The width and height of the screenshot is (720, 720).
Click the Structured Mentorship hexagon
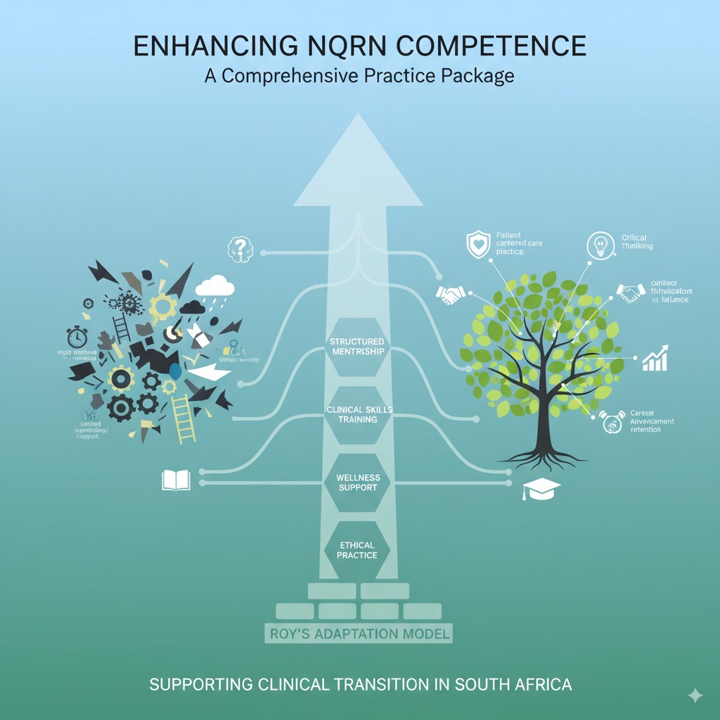pos(358,346)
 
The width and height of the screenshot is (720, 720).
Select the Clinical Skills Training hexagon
pos(358,414)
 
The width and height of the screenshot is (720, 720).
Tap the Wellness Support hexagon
pos(358,482)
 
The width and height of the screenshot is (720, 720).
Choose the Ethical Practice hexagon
pos(357,550)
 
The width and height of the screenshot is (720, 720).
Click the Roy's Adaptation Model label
pos(359,634)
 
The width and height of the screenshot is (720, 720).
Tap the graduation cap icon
pos(539,490)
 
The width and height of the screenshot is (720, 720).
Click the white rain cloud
pos(215,287)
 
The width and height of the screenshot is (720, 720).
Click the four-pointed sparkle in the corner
pos(695,695)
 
